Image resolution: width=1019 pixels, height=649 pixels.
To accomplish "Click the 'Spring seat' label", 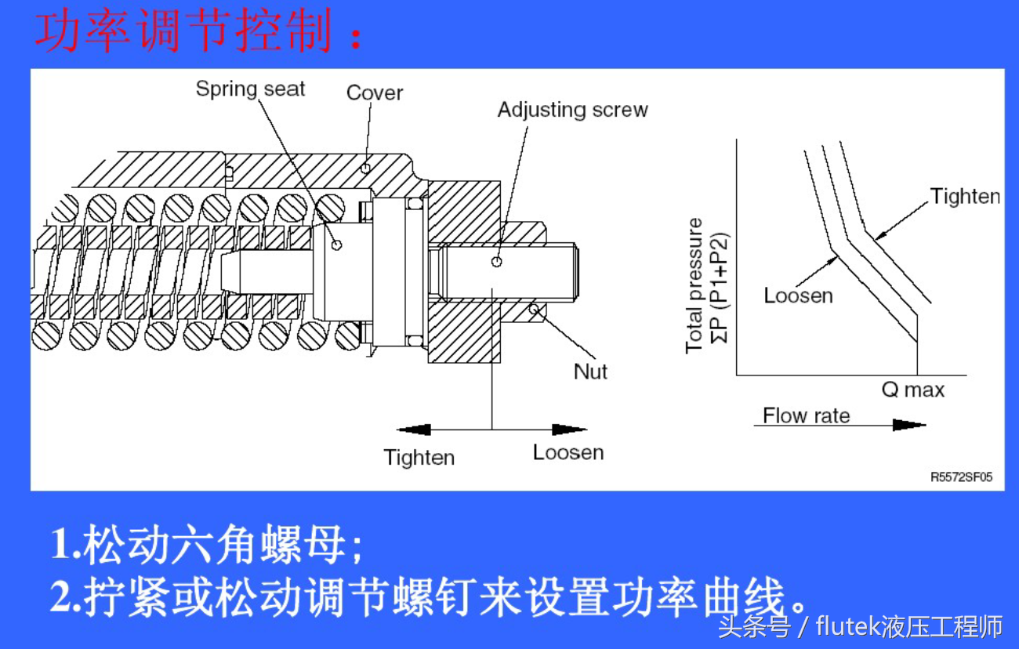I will (250, 89).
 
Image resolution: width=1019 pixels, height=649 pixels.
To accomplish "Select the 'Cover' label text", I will (374, 93).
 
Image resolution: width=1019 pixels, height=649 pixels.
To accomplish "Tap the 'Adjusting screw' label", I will (572, 110).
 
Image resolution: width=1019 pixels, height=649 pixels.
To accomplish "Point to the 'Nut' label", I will (590, 372).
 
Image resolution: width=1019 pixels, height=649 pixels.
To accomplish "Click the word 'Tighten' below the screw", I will (419, 458).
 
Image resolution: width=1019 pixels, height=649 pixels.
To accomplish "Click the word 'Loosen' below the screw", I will (568, 453).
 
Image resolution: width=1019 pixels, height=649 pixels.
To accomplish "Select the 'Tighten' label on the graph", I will (965, 196).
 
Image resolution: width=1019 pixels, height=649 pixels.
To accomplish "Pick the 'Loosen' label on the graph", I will (798, 295).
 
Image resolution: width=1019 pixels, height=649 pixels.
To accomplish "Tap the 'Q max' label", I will (913, 390).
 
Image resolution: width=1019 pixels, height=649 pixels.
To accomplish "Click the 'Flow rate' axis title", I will (806, 415).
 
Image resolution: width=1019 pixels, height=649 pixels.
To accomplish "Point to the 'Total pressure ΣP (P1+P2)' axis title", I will (705, 286).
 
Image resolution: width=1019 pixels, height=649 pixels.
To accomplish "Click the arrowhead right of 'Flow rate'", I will (909, 425).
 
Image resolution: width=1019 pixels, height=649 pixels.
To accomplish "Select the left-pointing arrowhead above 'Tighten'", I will (414, 430).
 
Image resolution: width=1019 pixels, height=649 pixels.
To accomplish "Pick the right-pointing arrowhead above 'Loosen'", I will (570, 430).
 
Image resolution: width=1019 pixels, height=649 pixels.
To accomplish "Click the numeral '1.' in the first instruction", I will (65, 543).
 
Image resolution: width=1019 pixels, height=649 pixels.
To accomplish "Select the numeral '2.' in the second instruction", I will (65, 598).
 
